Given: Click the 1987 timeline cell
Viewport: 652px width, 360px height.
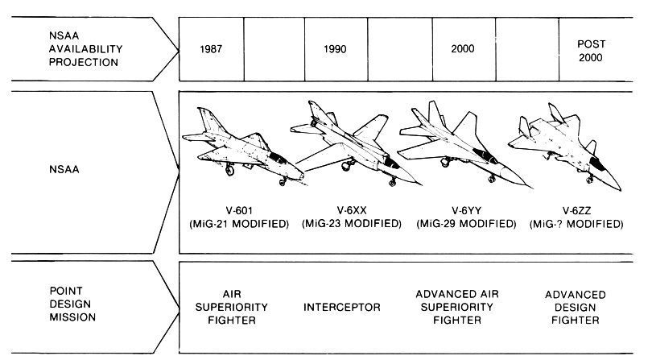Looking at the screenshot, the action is coord(211,49).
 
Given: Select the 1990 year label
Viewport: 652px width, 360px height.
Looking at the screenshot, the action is coord(335,49).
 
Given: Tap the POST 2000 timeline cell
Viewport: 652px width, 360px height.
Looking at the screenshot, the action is coord(596,49).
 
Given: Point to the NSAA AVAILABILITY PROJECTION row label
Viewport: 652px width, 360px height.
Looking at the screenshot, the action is coord(85,48).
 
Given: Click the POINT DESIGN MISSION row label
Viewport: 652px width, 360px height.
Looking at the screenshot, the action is coord(72,304).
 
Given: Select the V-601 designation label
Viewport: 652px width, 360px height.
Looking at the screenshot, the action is coord(239,210).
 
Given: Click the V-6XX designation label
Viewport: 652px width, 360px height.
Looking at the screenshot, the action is coord(352,210).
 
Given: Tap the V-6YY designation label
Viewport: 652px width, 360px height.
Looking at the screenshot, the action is coord(467,210).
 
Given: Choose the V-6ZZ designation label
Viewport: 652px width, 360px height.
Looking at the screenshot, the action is coord(576,210).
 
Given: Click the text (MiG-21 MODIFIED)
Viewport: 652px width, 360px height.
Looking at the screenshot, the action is coord(239,224).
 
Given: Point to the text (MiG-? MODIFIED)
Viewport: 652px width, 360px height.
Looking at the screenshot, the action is coord(576,224).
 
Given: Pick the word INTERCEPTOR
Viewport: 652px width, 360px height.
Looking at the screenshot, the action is coord(342,307).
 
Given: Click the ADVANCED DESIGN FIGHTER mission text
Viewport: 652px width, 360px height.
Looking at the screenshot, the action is coord(576,307).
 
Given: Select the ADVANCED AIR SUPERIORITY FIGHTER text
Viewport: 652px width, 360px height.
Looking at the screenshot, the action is coord(457,307).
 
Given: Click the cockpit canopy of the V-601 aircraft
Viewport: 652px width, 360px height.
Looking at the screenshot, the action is coord(278,157).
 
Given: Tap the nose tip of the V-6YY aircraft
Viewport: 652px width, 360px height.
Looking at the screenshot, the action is coord(532,188).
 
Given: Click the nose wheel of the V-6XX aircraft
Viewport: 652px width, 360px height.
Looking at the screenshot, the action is coord(392,182).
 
